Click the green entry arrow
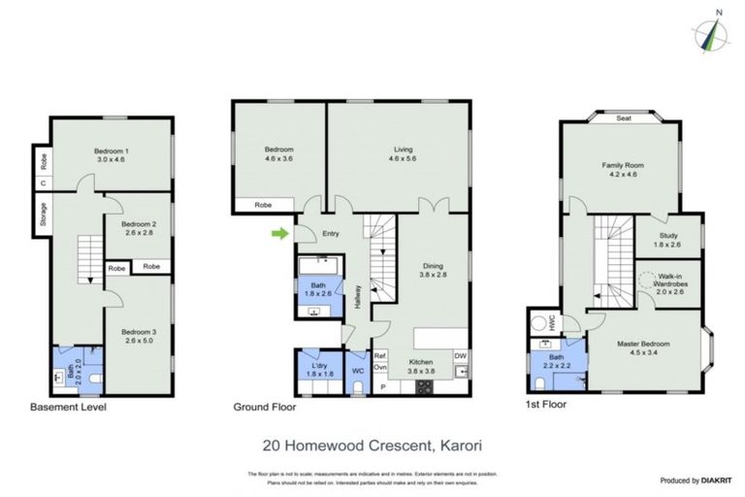click(280, 233)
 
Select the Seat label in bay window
click(624, 118)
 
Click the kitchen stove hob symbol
click(424, 387)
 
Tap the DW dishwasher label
click(460, 354)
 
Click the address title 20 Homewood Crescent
click(372, 447)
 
